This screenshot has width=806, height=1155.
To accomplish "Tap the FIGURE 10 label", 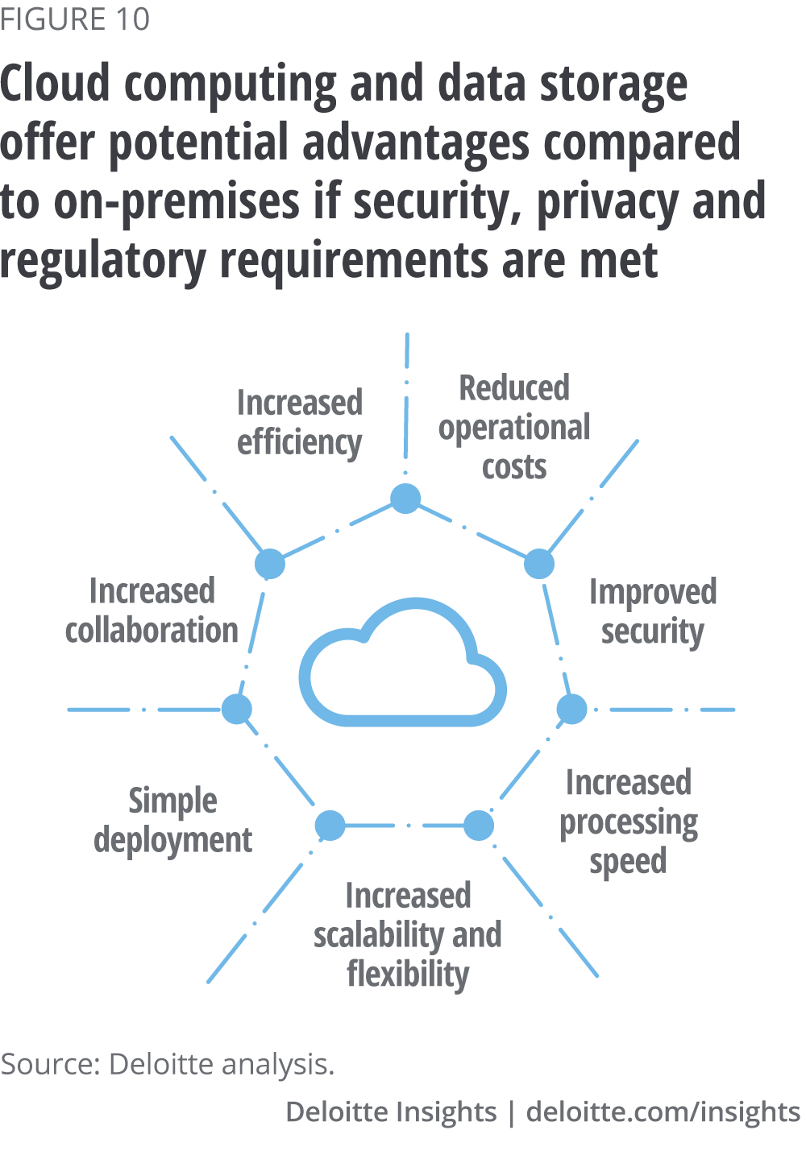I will (x=75, y=19).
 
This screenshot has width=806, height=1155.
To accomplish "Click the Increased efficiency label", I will (x=299, y=423).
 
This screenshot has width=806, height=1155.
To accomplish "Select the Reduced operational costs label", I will (x=514, y=427).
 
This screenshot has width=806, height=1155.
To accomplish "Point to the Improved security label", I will (x=652, y=612).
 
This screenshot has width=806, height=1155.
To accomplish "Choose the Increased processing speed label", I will (x=629, y=822).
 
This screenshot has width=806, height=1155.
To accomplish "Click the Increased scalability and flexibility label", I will (x=408, y=934).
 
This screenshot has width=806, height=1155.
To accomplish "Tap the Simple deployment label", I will (x=172, y=821).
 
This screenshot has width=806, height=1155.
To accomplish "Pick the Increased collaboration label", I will (x=152, y=611).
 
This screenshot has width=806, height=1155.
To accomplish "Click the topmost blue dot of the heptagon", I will (x=405, y=499).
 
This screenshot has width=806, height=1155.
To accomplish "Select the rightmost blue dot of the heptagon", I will (x=572, y=710).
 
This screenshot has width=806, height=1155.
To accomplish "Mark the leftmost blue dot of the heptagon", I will (x=236, y=710).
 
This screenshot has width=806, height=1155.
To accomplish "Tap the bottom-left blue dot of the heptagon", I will (x=330, y=826).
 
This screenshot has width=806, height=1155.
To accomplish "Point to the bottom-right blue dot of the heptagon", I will (x=478, y=826).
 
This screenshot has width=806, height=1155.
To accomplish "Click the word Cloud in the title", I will (x=55, y=84).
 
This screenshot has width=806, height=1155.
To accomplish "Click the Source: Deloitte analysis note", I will (x=167, y=1064).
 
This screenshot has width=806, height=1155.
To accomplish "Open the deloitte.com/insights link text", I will (x=663, y=1112).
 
